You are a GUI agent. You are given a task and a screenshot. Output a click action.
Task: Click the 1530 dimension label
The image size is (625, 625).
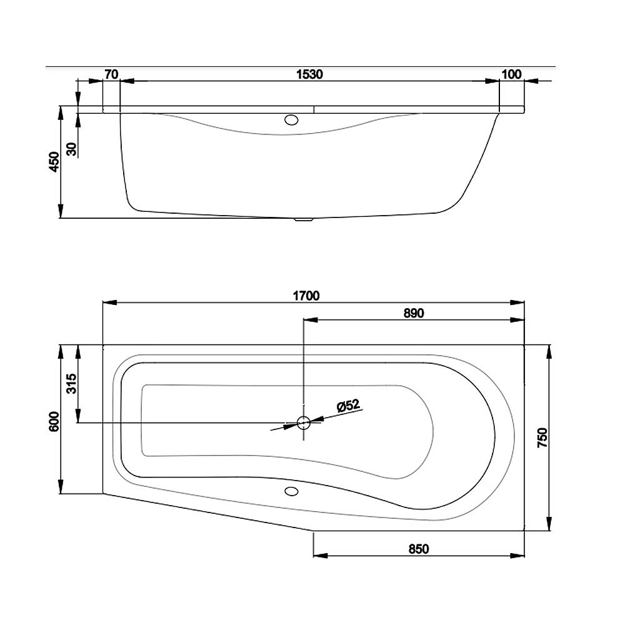pyautogui.click(x=310, y=74)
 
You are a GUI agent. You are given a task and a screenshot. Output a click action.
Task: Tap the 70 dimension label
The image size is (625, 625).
pyautogui.click(x=111, y=74)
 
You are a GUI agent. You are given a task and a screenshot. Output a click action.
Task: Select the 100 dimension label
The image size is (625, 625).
pyautogui.click(x=511, y=74)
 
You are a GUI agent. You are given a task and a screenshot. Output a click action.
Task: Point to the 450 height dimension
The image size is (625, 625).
pyautogui.click(x=54, y=162)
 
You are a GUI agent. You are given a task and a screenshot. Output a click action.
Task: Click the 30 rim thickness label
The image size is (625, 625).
pyautogui.click(x=72, y=149)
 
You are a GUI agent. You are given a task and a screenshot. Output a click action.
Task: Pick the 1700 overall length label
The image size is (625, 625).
pyautogui.click(x=306, y=296)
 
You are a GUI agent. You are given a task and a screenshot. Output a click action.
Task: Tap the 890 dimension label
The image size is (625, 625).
pyautogui.click(x=414, y=313)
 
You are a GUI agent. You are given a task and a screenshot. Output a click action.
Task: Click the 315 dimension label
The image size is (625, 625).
pyautogui.click(x=72, y=384)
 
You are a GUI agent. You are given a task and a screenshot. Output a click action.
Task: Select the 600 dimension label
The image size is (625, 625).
pyautogui.click(x=54, y=421)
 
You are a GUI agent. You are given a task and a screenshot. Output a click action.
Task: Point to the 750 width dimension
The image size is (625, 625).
pyautogui.click(x=542, y=437)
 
